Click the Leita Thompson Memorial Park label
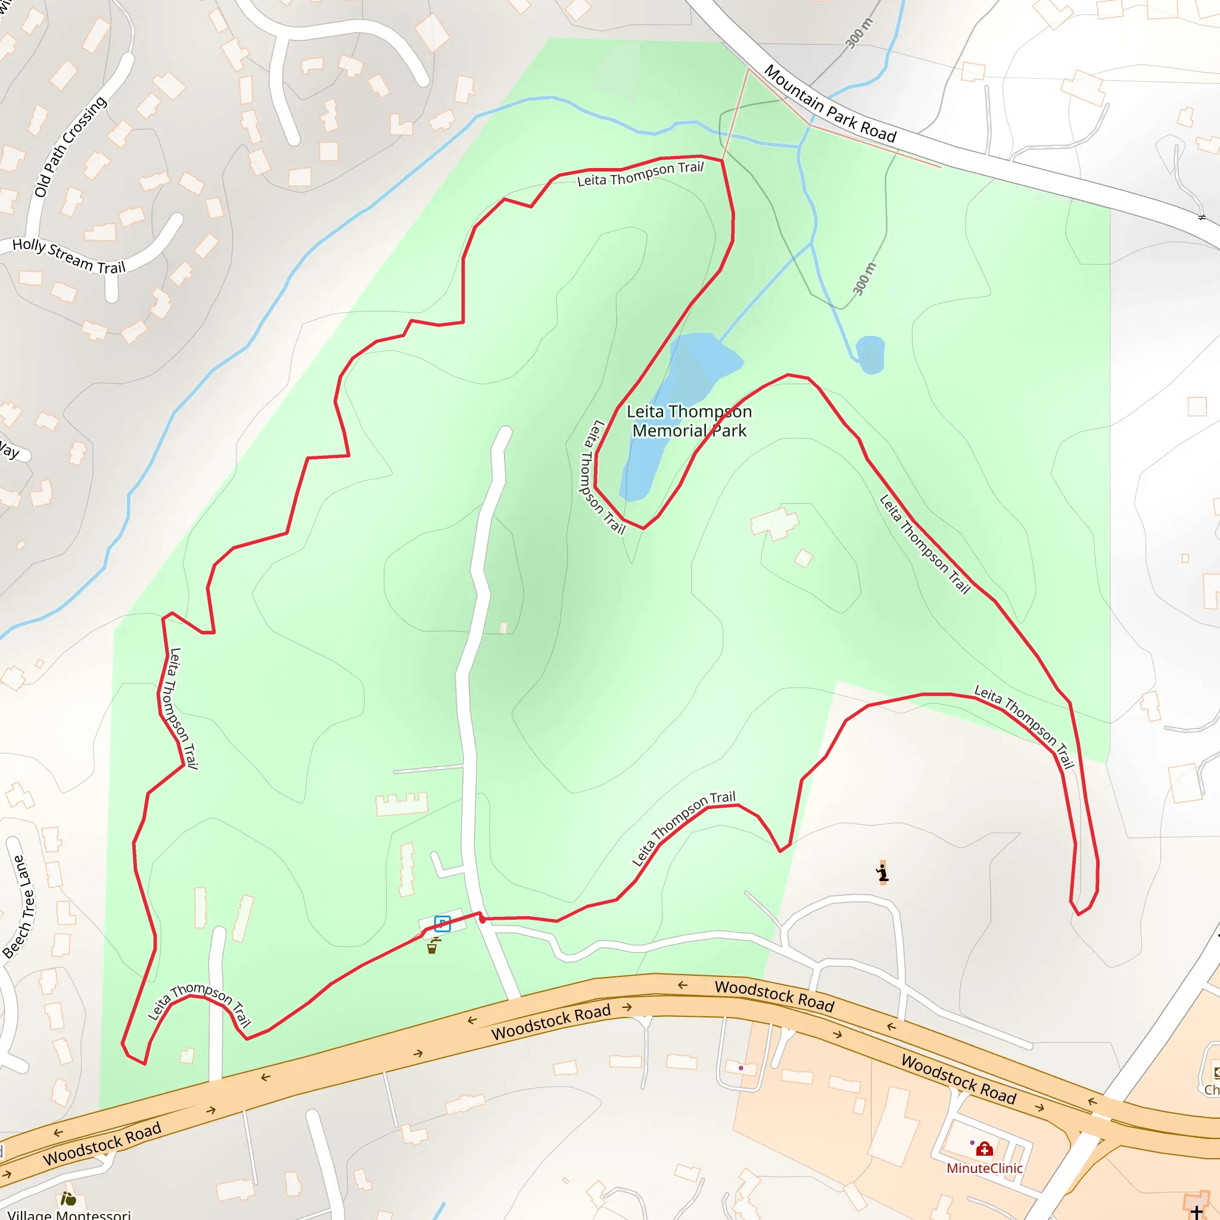pyautogui.click(x=689, y=421)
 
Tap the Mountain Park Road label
pyautogui.click(x=830, y=105)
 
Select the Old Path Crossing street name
pyautogui.click(x=70, y=147)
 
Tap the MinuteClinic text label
pyautogui.click(x=984, y=1168)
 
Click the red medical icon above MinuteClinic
pyautogui.click(x=985, y=1149)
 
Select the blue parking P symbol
pyautogui.click(x=442, y=924)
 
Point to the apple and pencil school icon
pyautogui.click(x=68, y=1198)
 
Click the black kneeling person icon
pyautogui.click(x=882, y=873)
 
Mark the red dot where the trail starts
pyautogui.click(x=483, y=920)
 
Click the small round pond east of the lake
pyautogui.click(x=870, y=354)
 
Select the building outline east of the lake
pyautogui.click(x=774, y=523)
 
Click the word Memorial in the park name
pyautogui.click(x=670, y=431)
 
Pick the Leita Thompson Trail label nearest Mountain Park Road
pyautogui.click(x=640, y=175)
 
